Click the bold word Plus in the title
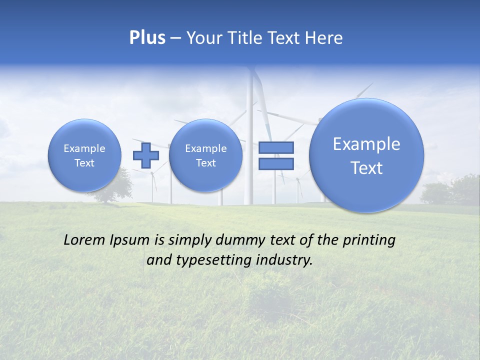147,38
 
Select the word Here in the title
324,38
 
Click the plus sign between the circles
145,155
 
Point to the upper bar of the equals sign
276,148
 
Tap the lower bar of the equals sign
276,163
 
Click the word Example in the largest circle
366,144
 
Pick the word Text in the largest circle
366,168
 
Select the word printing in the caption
368,240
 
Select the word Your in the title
204,38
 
